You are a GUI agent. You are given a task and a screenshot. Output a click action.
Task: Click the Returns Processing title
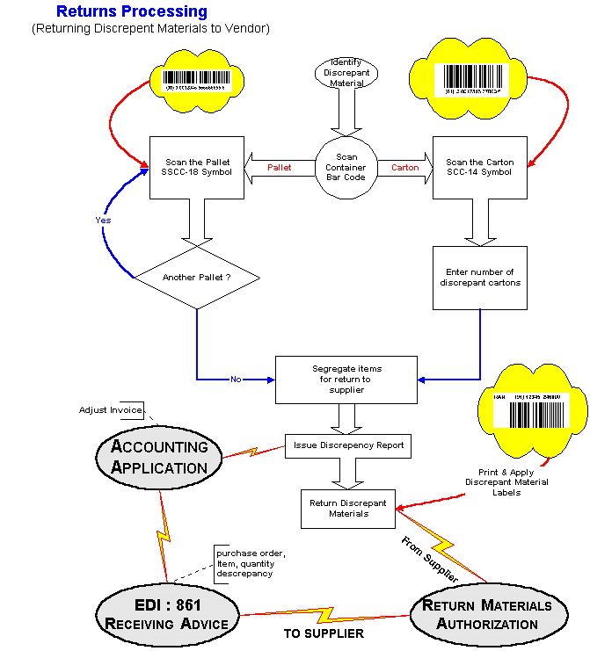coord(132,12)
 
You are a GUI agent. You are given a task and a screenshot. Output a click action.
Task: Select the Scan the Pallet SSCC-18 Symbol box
coord(198,167)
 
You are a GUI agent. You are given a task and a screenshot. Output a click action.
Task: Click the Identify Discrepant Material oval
coord(346,73)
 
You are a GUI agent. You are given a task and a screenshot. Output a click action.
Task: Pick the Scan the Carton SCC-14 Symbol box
coord(479,167)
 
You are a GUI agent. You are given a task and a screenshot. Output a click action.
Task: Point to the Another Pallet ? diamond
coord(197,278)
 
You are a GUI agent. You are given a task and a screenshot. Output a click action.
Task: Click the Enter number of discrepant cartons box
coord(479,278)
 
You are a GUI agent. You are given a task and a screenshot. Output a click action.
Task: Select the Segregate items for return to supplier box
coord(346,379)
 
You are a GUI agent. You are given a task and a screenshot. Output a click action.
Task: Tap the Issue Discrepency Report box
coord(348,445)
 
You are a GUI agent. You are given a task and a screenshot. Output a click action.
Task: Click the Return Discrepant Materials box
coord(348,509)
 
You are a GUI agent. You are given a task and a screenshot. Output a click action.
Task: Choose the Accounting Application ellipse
coord(160,456)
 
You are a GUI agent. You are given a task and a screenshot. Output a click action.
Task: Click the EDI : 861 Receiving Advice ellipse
coord(167,614)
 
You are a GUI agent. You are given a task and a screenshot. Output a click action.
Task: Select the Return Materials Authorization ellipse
coord(487,614)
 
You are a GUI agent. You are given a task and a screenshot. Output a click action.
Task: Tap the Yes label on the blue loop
coord(102,221)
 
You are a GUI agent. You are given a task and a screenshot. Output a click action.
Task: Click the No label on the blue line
coord(236,380)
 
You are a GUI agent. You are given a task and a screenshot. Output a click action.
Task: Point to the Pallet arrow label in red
coord(280,167)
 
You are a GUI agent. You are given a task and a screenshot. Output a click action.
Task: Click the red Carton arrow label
coord(405,167)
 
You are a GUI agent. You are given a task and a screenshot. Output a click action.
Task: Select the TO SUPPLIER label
coord(324,633)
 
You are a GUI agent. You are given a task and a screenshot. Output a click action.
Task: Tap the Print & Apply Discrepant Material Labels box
coord(506,482)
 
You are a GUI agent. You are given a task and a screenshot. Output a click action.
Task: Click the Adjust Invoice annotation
coord(109,410)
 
